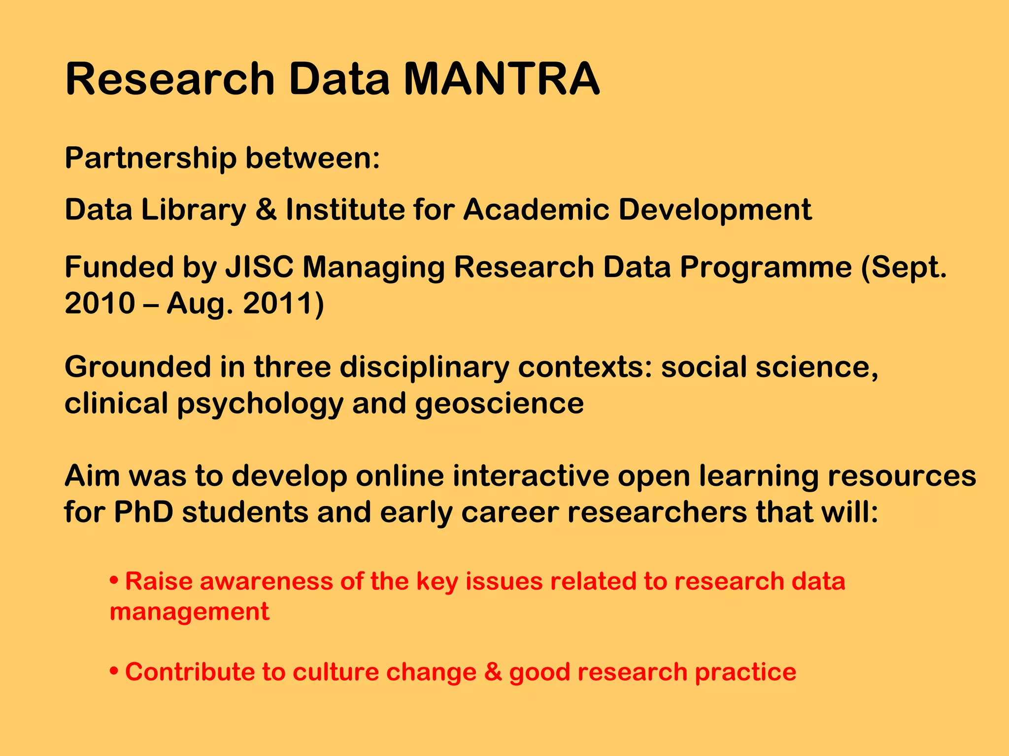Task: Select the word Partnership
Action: point(150,159)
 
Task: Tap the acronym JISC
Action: point(259,267)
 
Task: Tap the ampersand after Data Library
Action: point(266,210)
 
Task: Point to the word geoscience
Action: point(499,404)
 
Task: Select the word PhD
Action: point(143,512)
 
